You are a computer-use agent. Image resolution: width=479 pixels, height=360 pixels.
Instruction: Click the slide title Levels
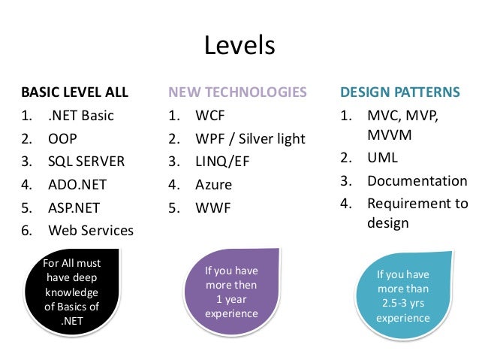point(239,47)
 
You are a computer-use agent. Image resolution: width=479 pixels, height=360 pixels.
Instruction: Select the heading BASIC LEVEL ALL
point(74,93)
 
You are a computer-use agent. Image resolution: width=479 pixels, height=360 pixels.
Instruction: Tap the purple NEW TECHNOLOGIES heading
point(237,93)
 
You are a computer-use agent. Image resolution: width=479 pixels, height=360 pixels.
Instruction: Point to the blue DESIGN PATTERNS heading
point(400,93)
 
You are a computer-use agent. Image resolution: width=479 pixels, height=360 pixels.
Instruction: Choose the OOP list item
point(62,139)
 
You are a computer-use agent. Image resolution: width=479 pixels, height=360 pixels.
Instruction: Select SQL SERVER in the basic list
point(86,162)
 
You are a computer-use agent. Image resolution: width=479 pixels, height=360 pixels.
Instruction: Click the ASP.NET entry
point(74,207)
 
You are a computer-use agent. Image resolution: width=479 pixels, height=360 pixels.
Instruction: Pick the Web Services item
point(90,231)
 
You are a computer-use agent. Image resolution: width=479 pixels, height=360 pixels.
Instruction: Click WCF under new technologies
point(210,116)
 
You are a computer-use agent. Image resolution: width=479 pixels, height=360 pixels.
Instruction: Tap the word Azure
point(213,185)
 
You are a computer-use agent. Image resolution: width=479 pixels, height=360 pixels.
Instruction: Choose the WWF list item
point(212,207)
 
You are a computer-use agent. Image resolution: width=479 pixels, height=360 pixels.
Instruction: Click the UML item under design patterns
point(382,159)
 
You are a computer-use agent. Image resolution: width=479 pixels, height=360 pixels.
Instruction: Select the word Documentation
point(417,181)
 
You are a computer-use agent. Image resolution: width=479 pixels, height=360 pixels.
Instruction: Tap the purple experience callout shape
point(231,292)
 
